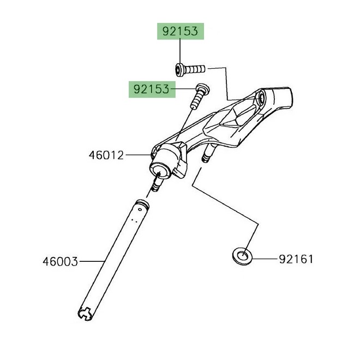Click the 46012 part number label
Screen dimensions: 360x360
click(x=106, y=155)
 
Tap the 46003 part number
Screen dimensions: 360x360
click(x=60, y=261)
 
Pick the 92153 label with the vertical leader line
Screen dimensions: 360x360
click(x=181, y=32)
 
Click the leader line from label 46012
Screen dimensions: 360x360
click(x=139, y=155)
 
